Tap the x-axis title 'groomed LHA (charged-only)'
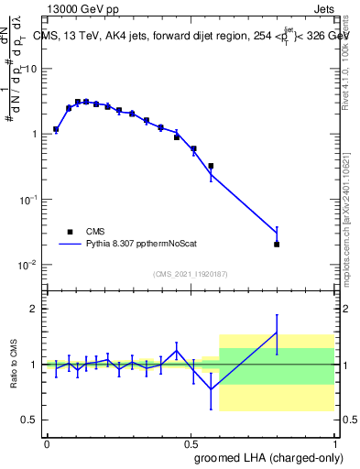click(267, 457)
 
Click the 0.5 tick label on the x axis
click(191, 442)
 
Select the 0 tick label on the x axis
click(47, 442)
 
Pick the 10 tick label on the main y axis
click(30, 69)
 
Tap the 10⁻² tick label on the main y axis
click(28, 265)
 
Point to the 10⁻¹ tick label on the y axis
click(28, 200)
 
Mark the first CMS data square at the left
click(56, 129)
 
